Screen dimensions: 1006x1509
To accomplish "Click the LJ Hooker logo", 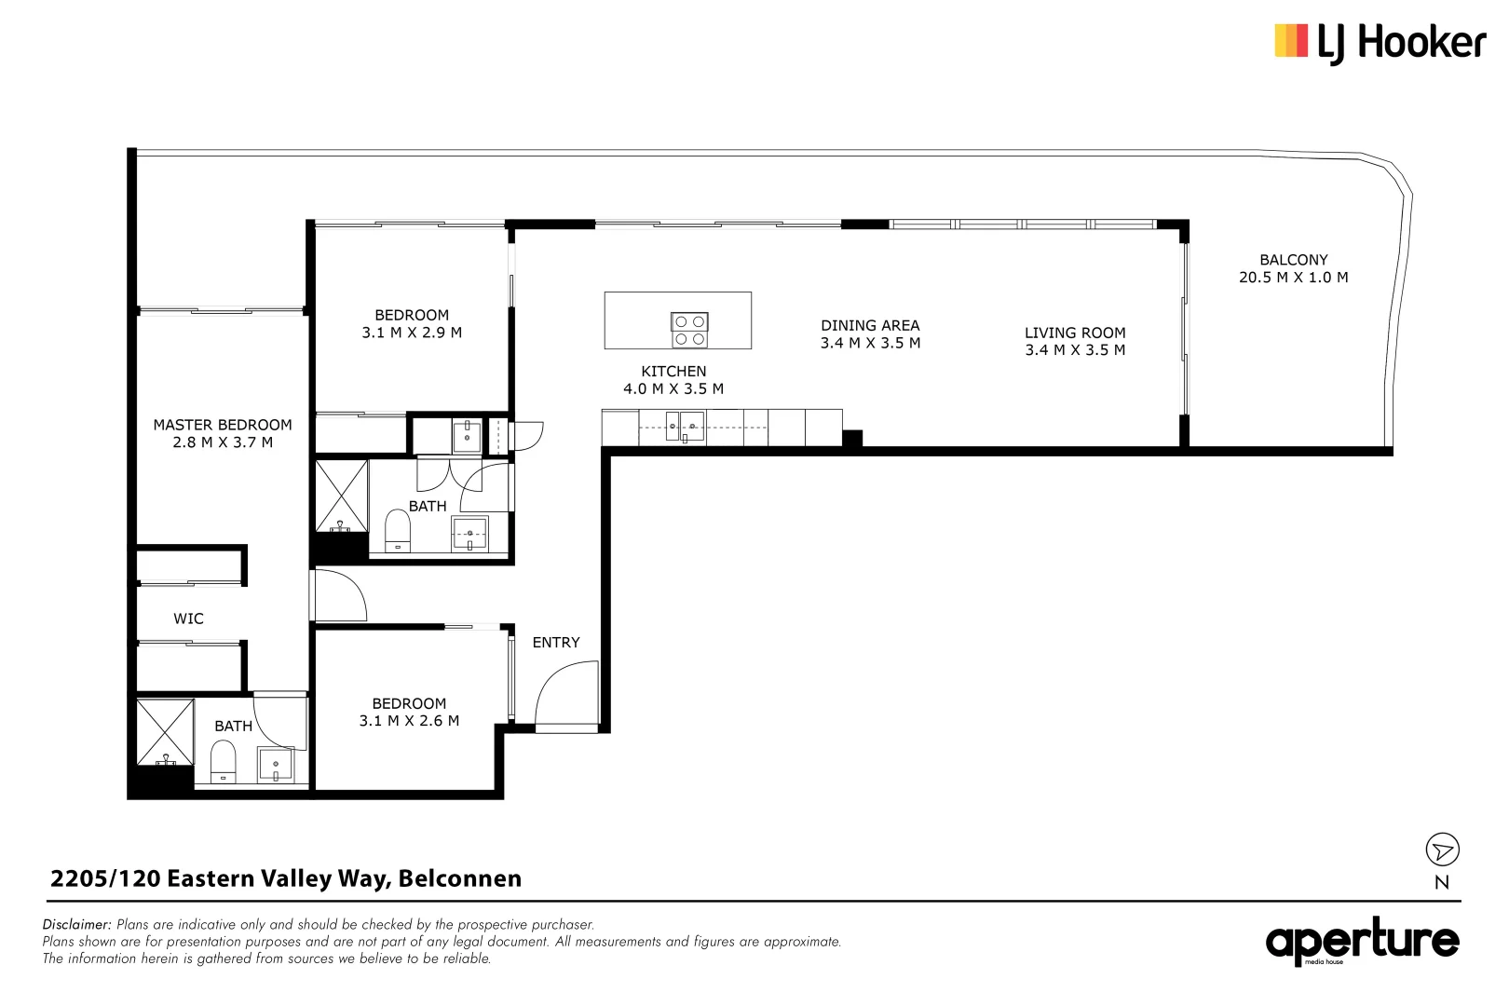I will (x=1380, y=43).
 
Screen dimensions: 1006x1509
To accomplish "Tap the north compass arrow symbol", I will (x=1442, y=850).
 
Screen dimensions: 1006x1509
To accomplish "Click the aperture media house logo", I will (x=1361, y=943).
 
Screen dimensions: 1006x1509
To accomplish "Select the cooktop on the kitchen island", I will (x=689, y=331).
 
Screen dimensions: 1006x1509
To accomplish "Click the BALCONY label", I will (x=1293, y=260).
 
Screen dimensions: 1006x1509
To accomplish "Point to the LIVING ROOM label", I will (x=1075, y=333).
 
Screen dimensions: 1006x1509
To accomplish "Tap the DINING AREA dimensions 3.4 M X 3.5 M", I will (x=870, y=343).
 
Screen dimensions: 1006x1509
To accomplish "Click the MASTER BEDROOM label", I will (x=223, y=425).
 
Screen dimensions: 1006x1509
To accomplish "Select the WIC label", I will (x=188, y=619).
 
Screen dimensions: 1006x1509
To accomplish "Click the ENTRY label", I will (x=555, y=643).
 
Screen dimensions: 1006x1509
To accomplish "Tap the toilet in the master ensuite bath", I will (x=224, y=761).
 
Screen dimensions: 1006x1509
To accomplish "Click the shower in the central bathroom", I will (x=341, y=496).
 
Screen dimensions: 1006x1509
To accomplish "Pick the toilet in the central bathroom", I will (x=398, y=531).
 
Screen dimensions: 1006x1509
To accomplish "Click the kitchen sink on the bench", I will (x=685, y=427).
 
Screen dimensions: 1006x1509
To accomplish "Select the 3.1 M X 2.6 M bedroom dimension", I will (x=409, y=721).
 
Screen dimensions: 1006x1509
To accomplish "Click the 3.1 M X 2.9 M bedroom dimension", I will (x=412, y=333).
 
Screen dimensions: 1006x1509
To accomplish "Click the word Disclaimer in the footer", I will (x=76, y=925).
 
